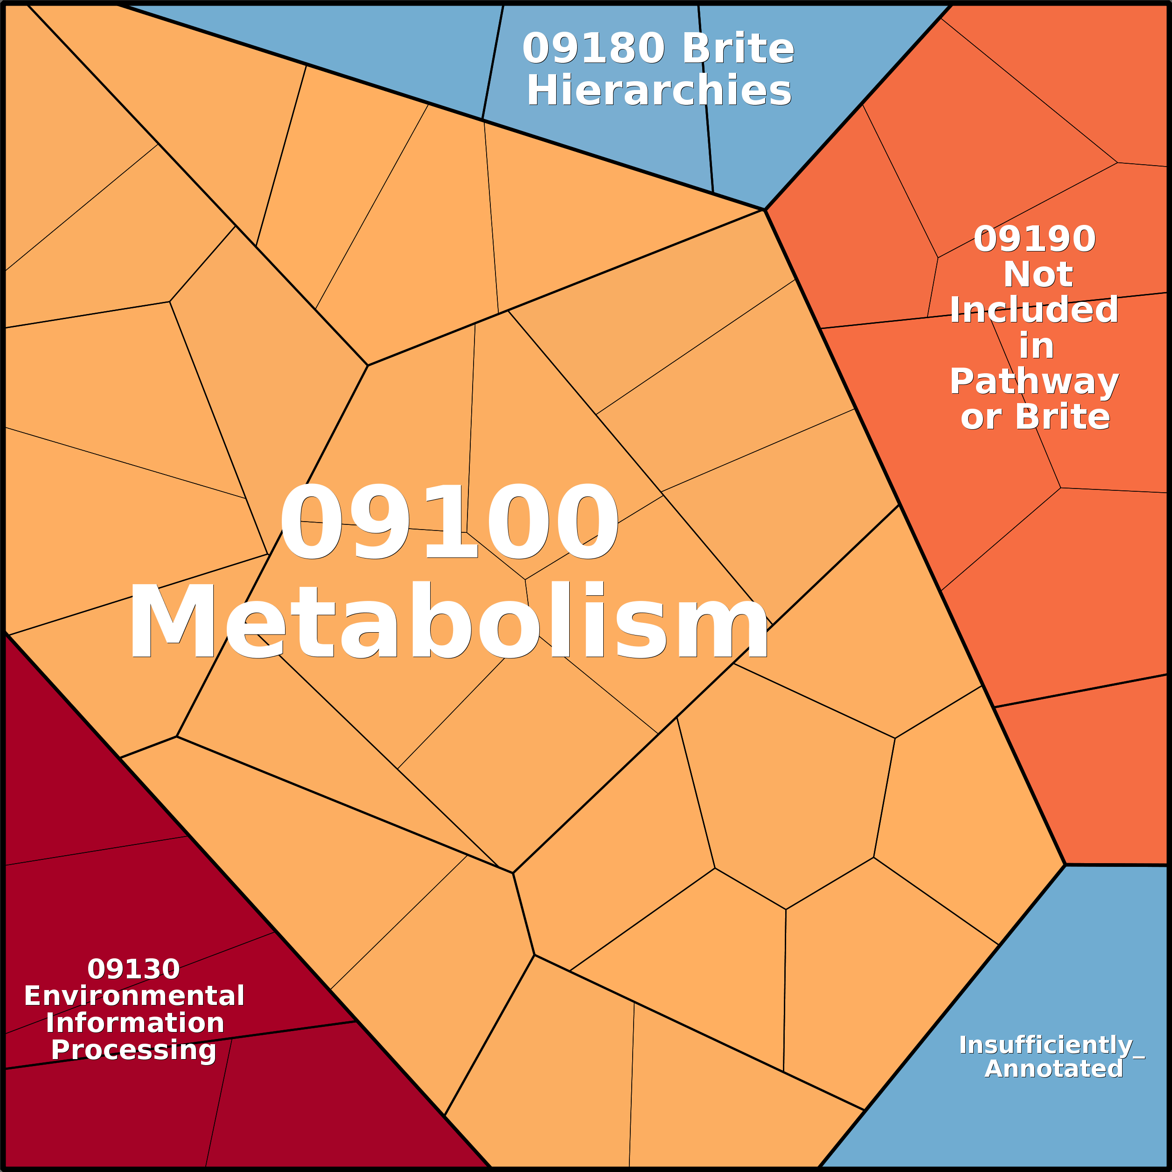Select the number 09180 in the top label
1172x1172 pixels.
[593, 49]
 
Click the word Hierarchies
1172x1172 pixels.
[659, 91]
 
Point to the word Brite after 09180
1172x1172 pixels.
[738, 49]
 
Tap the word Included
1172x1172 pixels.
[1034, 310]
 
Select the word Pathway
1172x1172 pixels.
[1034, 382]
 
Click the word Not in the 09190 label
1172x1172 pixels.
[1038, 275]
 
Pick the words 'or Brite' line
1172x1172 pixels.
[1035, 418]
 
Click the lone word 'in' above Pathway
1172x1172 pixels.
[1036, 346]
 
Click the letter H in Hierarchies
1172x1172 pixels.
[539, 91]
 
